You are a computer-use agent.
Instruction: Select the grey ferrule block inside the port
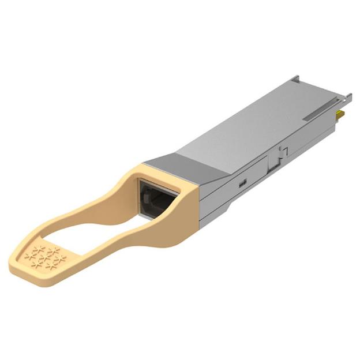click(x=151, y=199)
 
